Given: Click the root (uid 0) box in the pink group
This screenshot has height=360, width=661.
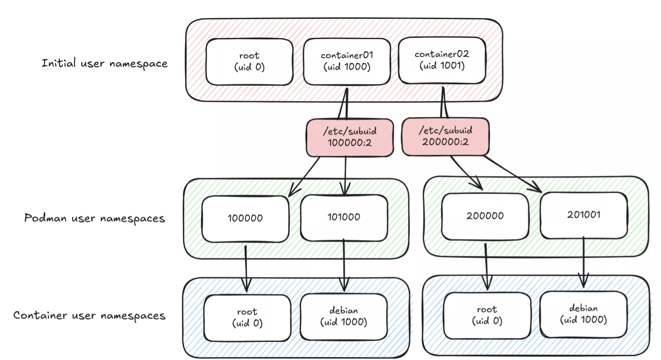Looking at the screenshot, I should [x=249, y=62].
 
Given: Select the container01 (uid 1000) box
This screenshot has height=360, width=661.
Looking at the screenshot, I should [x=346, y=62].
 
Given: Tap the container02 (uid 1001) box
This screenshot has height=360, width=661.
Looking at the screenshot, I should [x=441, y=60].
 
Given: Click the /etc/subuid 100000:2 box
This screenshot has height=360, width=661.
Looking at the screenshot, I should [x=350, y=137].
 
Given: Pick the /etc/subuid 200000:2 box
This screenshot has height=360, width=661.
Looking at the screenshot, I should [x=445, y=137].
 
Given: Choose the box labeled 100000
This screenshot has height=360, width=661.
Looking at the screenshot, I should [x=245, y=219].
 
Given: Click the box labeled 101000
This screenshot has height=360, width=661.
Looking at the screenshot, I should [x=344, y=217].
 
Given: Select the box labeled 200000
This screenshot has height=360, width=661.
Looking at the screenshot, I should [x=484, y=216].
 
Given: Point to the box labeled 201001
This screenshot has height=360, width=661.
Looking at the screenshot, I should [x=584, y=215].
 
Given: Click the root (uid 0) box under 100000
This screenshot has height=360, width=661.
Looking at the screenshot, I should [x=247, y=317].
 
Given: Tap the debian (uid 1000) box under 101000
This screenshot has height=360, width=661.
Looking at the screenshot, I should [x=344, y=317].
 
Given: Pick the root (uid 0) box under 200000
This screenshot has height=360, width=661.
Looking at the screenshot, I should [x=487, y=315].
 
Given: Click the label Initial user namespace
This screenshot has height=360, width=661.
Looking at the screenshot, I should [x=105, y=63].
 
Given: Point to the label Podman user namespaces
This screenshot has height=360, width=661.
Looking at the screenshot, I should [x=94, y=218].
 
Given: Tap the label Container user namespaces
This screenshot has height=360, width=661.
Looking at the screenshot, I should [x=89, y=315].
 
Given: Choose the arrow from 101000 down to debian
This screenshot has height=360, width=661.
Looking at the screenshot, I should [x=344, y=266].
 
